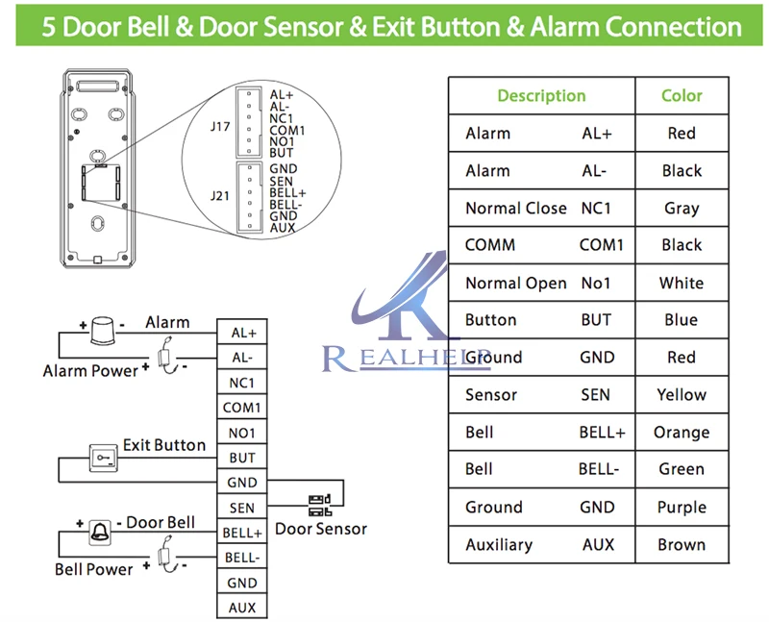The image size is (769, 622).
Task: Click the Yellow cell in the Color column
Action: (x=682, y=395)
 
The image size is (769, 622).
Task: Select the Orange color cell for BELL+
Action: (x=682, y=433)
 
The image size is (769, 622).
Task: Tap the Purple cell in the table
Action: (x=682, y=508)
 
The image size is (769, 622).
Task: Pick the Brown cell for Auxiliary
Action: (x=682, y=544)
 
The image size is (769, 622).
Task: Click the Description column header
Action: (x=541, y=95)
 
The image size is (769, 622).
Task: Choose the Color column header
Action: (x=682, y=95)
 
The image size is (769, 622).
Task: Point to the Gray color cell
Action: (x=682, y=208)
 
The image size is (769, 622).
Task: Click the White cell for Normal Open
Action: (x=682, y=283)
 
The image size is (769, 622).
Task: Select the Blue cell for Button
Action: (x=682, y=320)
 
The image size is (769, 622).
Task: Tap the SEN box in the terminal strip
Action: (x=242, y=508)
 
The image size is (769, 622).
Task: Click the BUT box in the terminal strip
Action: (x=242, y=458)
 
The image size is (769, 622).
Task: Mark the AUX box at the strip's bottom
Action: (x=242, y=608)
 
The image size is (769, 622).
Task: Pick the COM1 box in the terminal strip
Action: (x=242, y=408)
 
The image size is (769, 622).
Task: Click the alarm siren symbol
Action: (x=103, y=331)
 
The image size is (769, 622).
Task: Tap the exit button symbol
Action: (x=104, y=459)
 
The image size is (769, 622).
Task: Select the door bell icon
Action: (x=100, y=533)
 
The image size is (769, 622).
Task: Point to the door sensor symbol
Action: (x=320, y=506)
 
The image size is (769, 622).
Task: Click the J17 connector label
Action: (x=220, y=127)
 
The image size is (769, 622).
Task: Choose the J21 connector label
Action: (x=220, y=196)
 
